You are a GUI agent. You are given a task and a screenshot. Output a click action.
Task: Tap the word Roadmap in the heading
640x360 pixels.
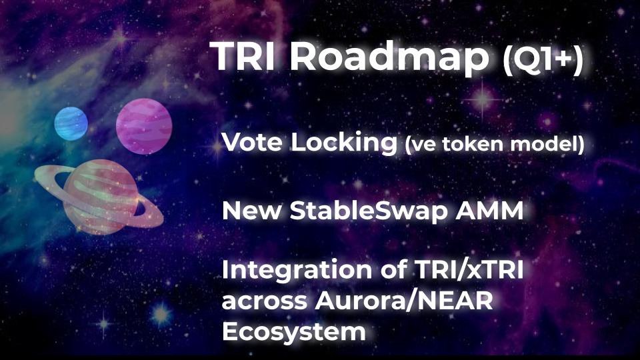390,57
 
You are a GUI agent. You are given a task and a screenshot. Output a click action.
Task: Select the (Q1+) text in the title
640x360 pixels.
543,61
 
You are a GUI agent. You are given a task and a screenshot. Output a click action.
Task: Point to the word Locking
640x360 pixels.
344,144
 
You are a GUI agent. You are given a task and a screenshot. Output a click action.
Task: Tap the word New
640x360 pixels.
251,211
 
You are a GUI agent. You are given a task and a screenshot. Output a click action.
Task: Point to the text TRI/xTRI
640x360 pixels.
469,270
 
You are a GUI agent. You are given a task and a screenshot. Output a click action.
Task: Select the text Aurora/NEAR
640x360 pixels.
404,301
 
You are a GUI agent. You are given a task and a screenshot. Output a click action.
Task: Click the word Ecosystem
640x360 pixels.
293,332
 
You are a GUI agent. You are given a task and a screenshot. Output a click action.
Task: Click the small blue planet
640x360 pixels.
71,124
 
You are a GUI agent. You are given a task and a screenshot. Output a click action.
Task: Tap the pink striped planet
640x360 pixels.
144,127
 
